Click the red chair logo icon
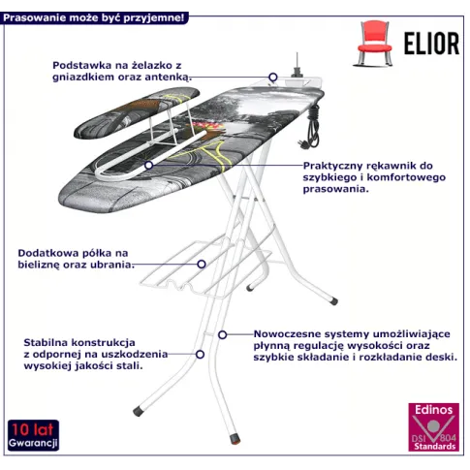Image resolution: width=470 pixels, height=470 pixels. (x=374, y=44)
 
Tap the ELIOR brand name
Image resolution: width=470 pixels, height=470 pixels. (x=431, y=44)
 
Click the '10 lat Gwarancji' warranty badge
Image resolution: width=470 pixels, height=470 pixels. (x=33, y=435)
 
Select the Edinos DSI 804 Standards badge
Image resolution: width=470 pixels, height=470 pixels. (x=433, y=426)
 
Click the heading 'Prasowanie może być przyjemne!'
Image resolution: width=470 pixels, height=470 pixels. (x=94, y=17)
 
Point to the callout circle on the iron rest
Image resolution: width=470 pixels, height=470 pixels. (x=273, y=78)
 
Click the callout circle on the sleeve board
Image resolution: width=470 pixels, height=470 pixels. (x=148, y=165)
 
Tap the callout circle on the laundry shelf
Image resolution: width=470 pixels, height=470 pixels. (x=202, y=265)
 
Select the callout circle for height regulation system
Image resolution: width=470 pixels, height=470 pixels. (x=222, y=335)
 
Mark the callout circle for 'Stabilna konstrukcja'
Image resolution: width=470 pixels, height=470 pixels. (x=201, y=355)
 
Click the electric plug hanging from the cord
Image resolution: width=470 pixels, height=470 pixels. (x=303, y=144)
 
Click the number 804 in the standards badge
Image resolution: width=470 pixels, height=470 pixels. (x=448, y=438)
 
